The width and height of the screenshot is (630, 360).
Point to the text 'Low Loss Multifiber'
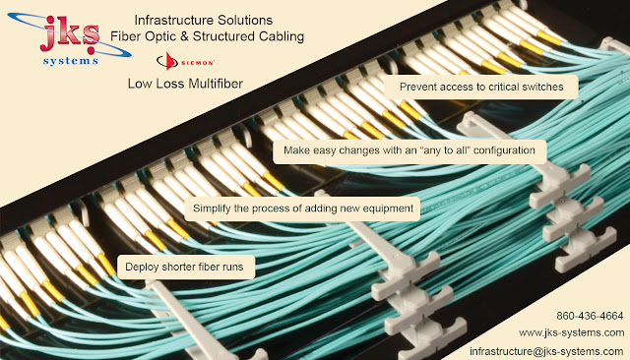[185, 84]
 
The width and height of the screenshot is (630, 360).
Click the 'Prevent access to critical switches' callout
[480, 88]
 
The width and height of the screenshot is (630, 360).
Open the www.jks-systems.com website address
[571, 333]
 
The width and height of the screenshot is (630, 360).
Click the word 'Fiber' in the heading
[124, 35]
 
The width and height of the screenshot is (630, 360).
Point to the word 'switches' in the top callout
[540, 88]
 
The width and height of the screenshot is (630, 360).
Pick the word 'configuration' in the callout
[501, 150]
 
